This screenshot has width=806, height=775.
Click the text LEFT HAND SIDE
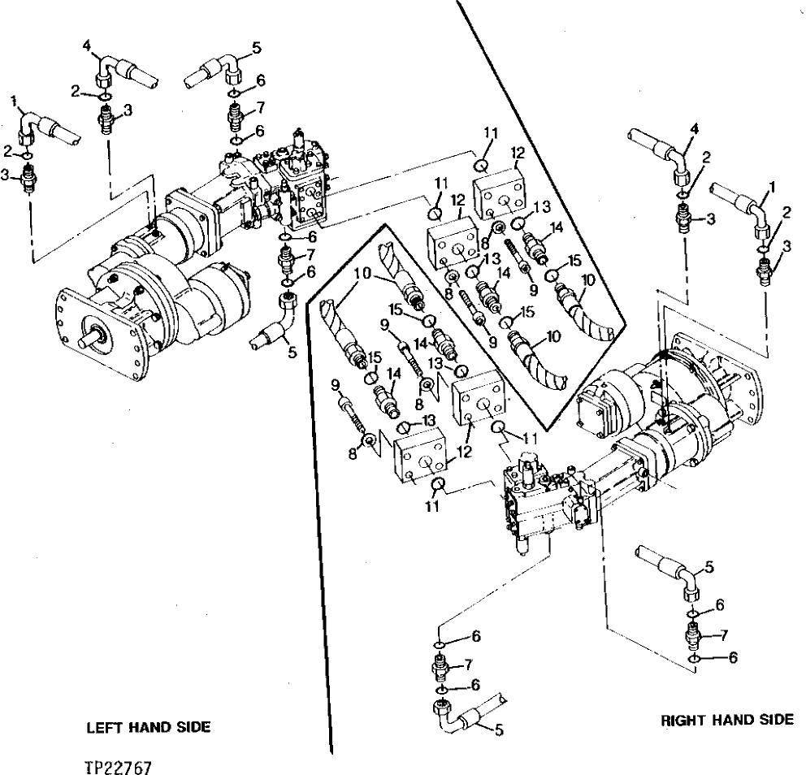point(148,728)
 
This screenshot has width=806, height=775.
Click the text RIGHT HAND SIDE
point(726,720)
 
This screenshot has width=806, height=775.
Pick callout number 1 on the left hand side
point(14,100)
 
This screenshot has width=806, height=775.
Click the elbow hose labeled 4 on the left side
point(122,71)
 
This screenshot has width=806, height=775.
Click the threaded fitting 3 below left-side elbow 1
point(28,177)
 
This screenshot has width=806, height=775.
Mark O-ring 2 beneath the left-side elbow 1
point(28,154)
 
